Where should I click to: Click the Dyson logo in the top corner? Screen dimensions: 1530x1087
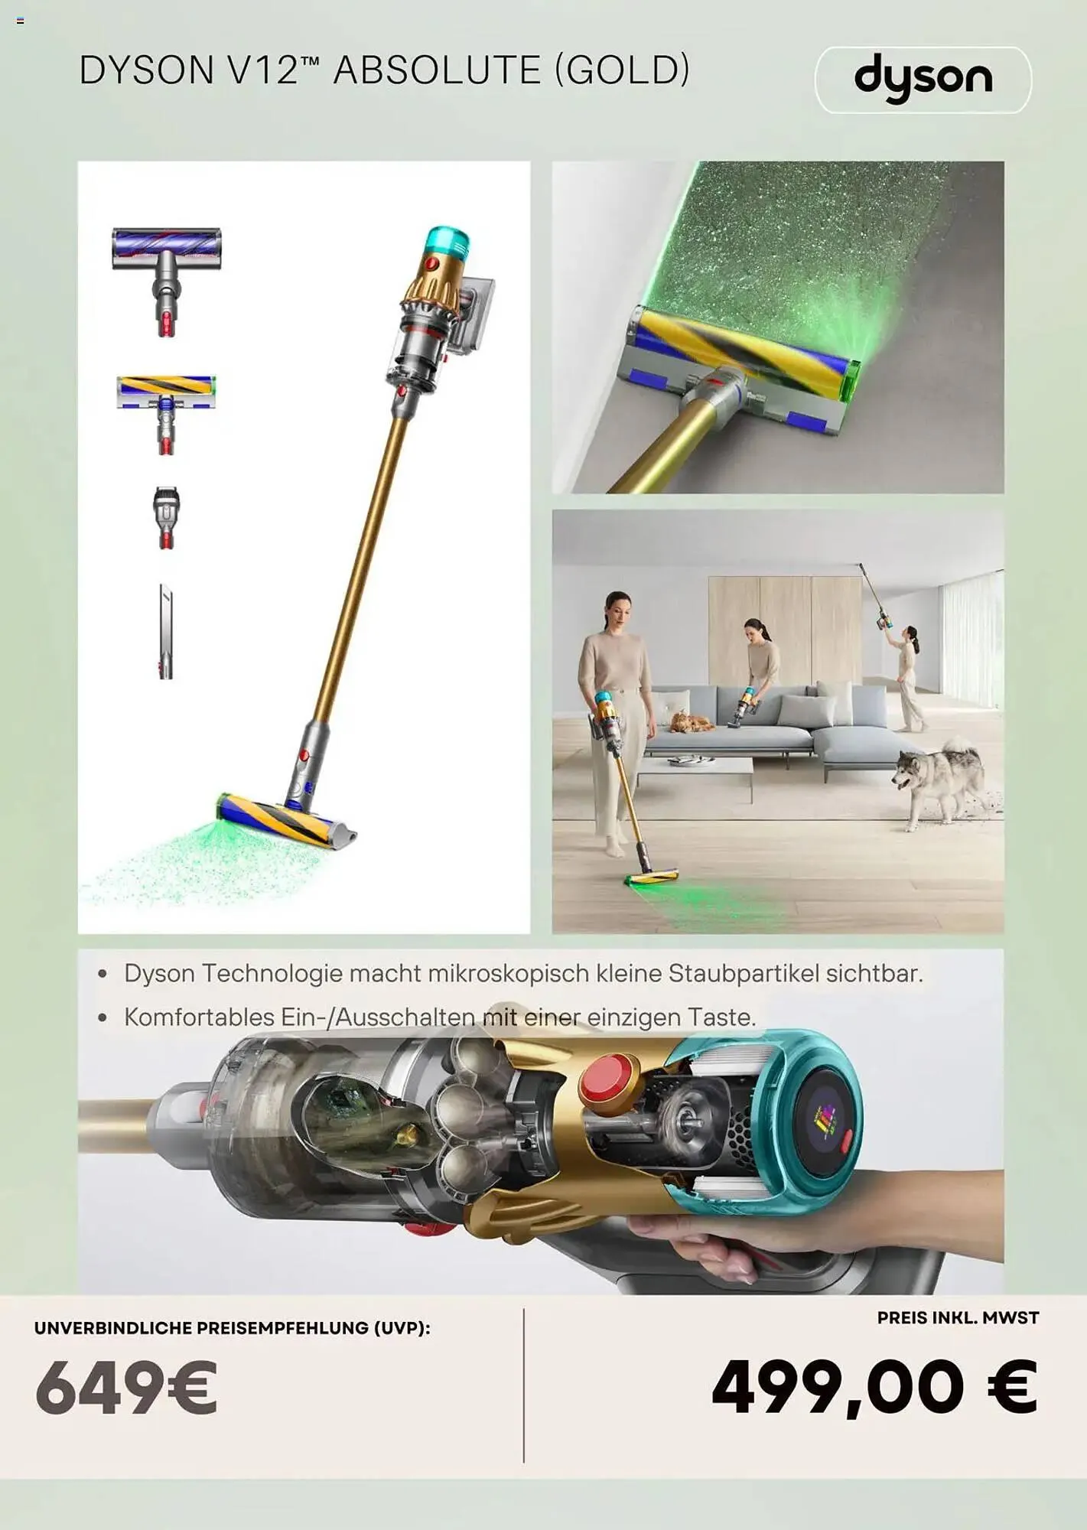(923, 79)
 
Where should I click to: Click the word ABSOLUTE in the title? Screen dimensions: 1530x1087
(438, 70)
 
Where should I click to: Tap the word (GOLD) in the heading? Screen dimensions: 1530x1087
(622, 70)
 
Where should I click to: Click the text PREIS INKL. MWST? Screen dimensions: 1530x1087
(958, 1318)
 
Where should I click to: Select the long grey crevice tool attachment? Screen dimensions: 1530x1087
(166, 631)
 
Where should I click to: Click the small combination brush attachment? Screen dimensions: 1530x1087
(166, 517)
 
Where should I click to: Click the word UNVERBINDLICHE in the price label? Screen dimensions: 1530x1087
(112, 1328)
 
